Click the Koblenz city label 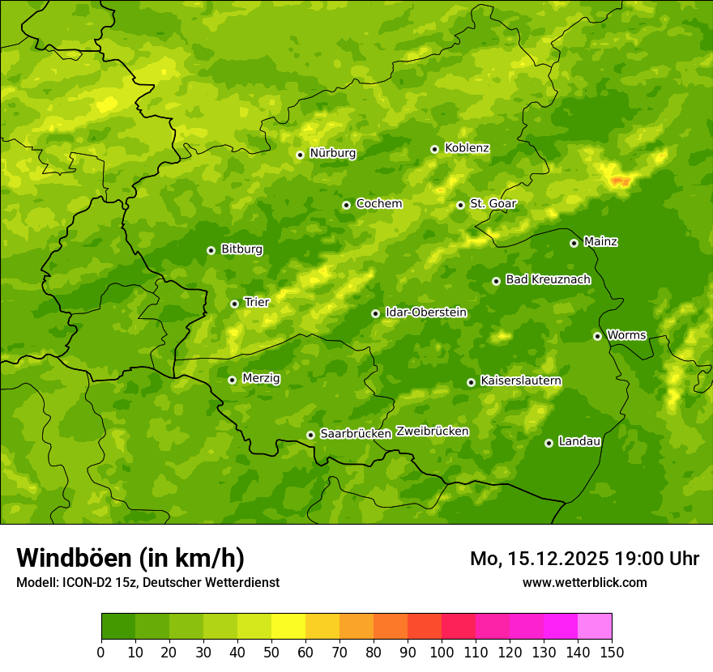pos(467,148)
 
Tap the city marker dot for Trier pos(234,304)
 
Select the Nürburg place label pos(332,153)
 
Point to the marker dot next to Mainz pos(574,243)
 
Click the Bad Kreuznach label pos(548,279)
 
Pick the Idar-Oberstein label pos(426,312)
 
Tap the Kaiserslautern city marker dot pos(471,382)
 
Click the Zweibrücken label pos(432,432)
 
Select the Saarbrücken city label pos(356,434)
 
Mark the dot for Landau pos(549,443)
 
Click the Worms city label pos(626,334)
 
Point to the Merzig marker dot pos(232,380)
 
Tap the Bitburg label pos(241,249)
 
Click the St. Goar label pos(493,204)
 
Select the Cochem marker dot pos(346,205)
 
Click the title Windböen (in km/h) pos(130,559)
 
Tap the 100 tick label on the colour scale pos(442,652)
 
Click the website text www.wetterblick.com pos(584,583)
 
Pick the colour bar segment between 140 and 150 pos(595,627)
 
